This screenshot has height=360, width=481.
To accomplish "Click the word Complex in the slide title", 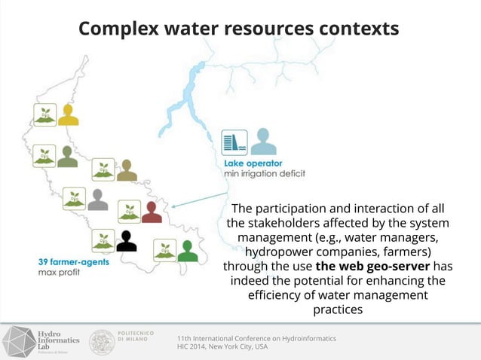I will tap(118, 29).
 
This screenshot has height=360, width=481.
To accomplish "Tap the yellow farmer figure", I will tap(69, 114).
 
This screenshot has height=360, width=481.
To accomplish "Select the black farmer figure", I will tap(127, 240).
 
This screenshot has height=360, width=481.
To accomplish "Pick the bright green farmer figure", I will tap(188, 250).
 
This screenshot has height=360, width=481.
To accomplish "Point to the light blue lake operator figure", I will tap(262, 142).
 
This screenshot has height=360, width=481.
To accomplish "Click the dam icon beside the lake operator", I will tap(234, 143).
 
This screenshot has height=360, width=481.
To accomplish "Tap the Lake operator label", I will tap(253, 163).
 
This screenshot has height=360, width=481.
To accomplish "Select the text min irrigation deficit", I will tap(265, 174).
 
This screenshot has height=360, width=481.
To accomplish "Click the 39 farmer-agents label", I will tap(73, 261).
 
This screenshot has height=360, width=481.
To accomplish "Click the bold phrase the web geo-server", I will tap(373, 266).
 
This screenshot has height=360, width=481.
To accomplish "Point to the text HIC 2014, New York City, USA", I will tap(222, 347).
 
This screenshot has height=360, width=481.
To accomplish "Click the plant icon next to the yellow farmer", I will tap(44, 114).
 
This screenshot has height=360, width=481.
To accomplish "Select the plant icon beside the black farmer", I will tap(103, 241).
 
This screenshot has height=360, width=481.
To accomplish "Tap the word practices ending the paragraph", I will tap(337, 309).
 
